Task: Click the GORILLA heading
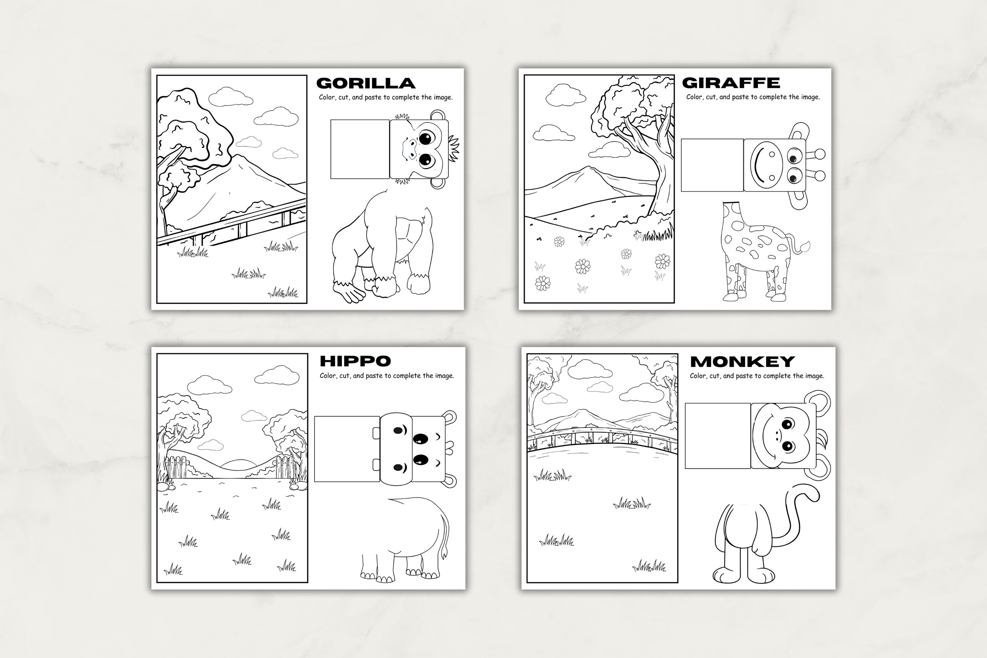click(x=366, y=83)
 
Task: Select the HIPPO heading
click(x=355, y=361)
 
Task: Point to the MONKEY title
click(x=742, y=361)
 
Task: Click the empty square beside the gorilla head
click(x=360, y=149)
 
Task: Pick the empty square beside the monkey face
click(x=717, y=436)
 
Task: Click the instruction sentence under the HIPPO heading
click(x=387, y=376)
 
